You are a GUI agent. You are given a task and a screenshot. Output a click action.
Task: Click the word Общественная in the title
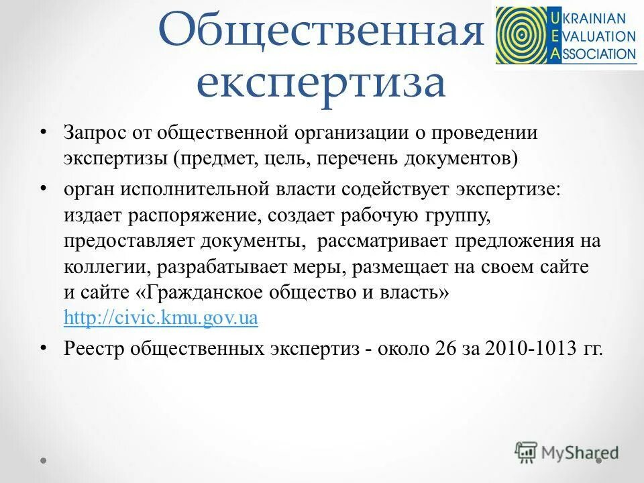321,34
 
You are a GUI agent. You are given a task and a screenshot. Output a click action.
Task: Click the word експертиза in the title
321,83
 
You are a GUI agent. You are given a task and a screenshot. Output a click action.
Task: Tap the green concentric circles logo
519,36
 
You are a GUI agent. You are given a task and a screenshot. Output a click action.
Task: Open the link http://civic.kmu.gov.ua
160,318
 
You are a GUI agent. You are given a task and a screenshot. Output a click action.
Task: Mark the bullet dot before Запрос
44,131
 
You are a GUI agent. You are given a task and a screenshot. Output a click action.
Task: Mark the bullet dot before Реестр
44,347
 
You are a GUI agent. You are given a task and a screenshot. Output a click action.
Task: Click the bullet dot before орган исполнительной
44,188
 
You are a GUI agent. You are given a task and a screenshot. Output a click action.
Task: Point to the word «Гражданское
189,294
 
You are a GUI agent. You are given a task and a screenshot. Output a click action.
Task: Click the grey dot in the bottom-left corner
44,462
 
